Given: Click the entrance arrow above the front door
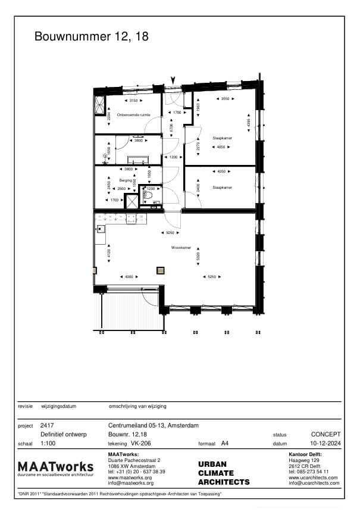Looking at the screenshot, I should pyautogui.click(x=173, y=80).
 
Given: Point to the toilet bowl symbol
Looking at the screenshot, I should pyautogui.click(x=150, y=195).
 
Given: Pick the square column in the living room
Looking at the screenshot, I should pyautogui.click(x=160, y=270).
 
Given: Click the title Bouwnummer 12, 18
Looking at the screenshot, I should pyautogui.click(x=91, y=37).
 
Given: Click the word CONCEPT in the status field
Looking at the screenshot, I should pyautogui.click(x=325, y=435).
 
